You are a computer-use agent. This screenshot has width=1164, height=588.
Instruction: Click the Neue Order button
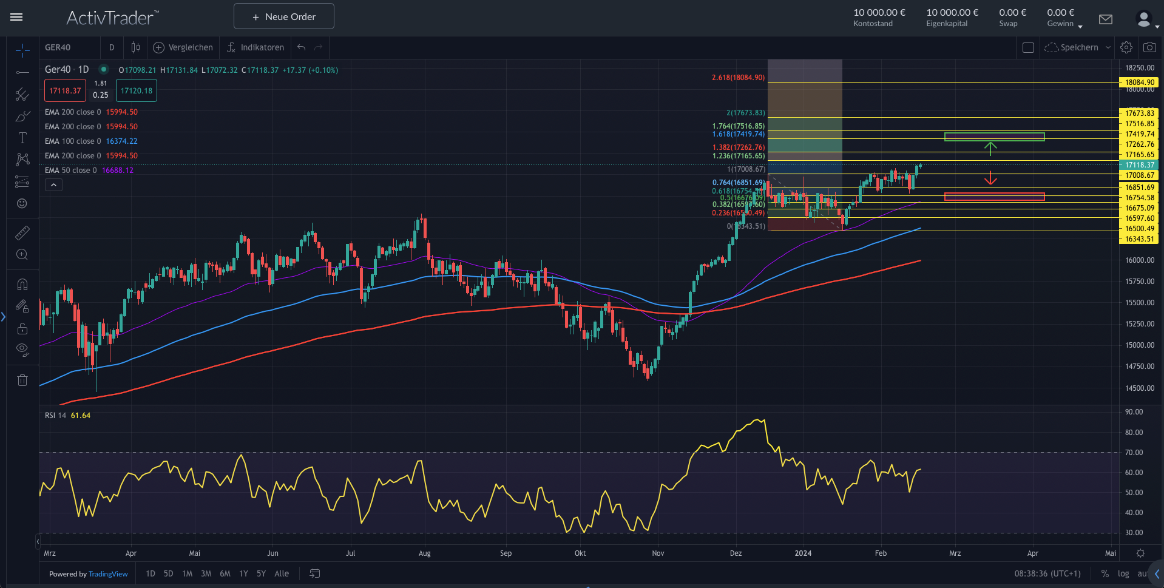click(x=283, y=16)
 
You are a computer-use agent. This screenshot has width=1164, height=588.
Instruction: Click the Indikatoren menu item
click(x=255, y=47)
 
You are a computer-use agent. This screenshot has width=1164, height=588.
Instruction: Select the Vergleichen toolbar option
click(x=183, y=47)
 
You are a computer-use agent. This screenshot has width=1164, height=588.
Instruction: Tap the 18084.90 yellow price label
click(x=1139, y=83)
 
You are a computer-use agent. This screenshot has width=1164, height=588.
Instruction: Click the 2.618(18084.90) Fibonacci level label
click(x=738, y=78)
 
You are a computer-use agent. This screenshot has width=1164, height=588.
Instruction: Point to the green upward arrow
click(x=990, y=149)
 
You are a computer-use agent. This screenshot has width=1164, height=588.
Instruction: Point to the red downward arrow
click(x=990, y=178)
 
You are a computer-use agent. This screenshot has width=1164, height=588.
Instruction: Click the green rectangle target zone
click(x=994, y=137)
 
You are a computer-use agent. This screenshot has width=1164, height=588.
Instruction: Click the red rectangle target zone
click(x=994, y=197)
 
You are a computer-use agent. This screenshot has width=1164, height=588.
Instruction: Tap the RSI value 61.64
click(x=81, y=416)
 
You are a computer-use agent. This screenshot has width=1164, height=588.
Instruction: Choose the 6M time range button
click(x=225, y=573)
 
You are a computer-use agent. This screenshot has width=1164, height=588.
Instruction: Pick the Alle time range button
click(x=282, y=573)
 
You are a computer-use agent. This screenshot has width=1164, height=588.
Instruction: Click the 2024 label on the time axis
click(x=803, y=553)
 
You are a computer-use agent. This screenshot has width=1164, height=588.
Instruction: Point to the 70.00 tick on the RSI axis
click(x=1134, y=453)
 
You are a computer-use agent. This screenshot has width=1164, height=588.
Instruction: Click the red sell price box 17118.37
click(x=65, y=91)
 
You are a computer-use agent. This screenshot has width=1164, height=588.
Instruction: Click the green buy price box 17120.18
click(x=137, y=91)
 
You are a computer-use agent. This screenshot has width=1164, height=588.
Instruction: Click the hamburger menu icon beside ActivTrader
click(x=16, y=17)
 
